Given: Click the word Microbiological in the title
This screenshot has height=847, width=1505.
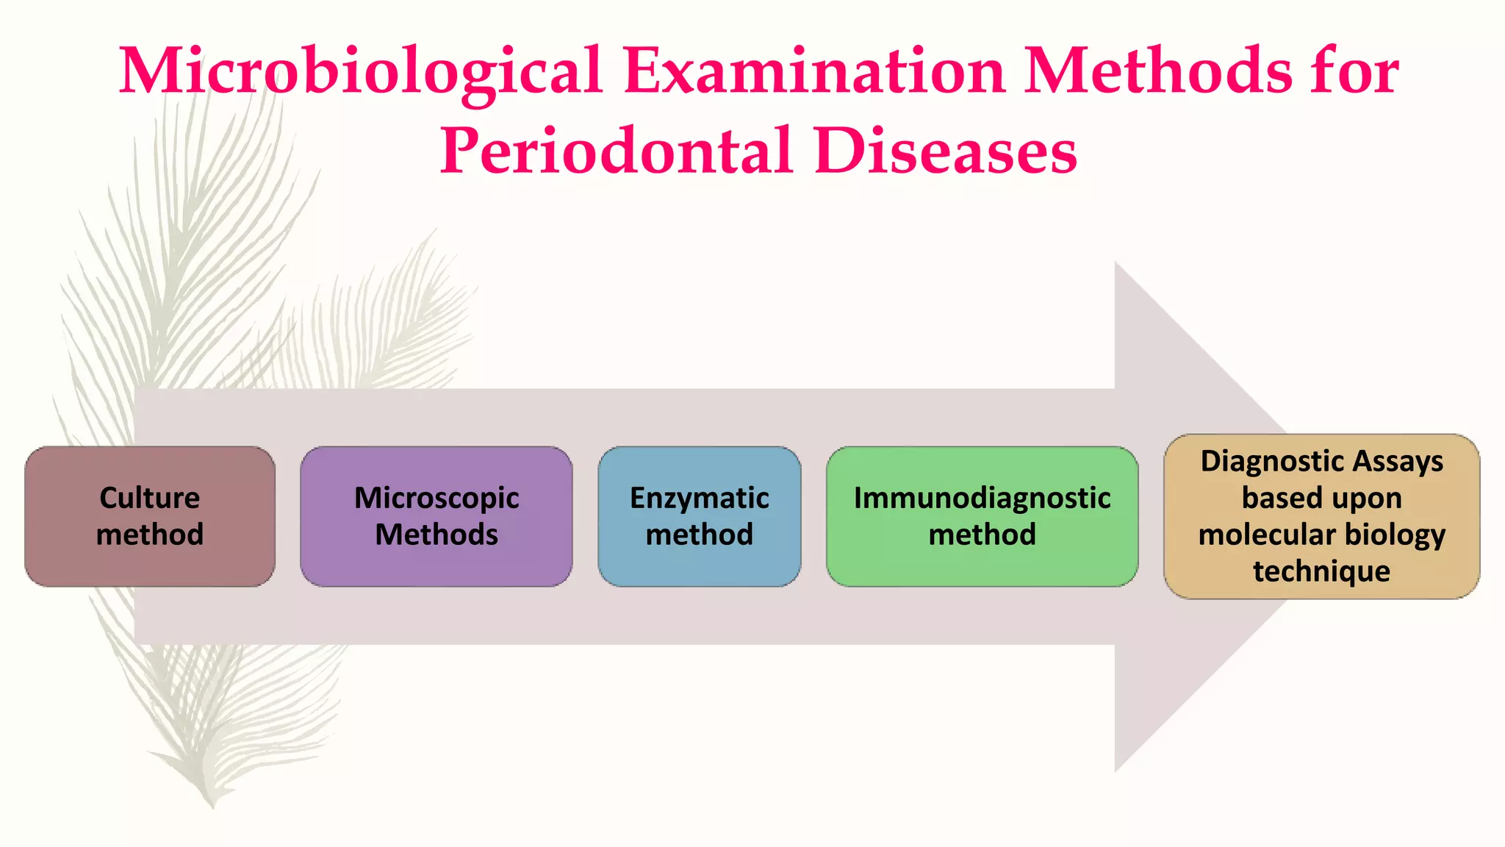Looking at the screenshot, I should [x=360, y=71].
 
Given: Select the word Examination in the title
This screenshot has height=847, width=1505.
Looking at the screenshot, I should [x=814, y=71].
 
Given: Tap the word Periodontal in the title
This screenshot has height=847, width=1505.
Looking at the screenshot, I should [x=616, y=151].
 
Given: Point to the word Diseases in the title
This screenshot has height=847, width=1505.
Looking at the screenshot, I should [x=945, y=151].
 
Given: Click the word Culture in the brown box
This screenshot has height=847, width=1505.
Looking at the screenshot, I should [x=150, y=498].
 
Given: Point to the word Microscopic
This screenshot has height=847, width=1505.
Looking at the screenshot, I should [x=437, y=498].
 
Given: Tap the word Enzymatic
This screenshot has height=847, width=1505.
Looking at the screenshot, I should [x=700, y=498].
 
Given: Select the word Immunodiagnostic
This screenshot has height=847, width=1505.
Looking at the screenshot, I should [x=982, y=498].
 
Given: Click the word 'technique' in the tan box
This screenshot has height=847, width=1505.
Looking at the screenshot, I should [x=1321, y=571].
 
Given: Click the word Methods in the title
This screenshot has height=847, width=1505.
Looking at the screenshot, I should [x=1157, y=71].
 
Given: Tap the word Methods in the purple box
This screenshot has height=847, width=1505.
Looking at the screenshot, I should [x=437, y=535].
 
